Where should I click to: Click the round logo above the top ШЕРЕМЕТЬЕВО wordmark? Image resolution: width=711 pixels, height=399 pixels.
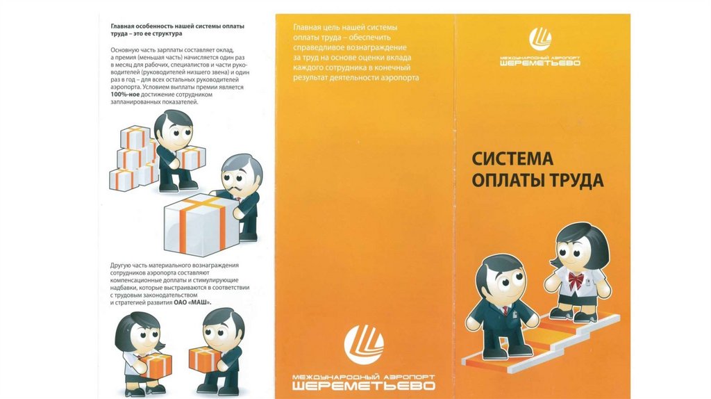click(540, 39)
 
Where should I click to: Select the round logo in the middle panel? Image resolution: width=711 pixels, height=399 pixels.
click(364, 345)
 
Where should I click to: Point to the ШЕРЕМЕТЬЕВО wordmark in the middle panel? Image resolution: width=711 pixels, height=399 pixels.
click(364, 386)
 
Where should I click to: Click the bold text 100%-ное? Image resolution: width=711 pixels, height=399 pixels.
click(125, 95)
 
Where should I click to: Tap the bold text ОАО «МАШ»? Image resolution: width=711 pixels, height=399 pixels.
click(193, 302)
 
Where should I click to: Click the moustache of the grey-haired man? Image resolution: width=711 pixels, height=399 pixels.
click(241, 188)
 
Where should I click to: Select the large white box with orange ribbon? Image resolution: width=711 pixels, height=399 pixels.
click(200, 224)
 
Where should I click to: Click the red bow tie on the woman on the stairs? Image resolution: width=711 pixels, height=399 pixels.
click(576, 280)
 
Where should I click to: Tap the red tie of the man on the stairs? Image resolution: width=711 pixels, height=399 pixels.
click(505, 311)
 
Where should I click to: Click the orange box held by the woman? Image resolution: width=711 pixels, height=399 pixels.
click(156, 366)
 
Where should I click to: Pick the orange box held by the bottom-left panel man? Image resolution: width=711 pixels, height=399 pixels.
click(203, 359)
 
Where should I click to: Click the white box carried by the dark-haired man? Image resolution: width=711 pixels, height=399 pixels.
click(191, 158)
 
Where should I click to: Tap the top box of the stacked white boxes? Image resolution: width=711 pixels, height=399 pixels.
click(135, 137)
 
